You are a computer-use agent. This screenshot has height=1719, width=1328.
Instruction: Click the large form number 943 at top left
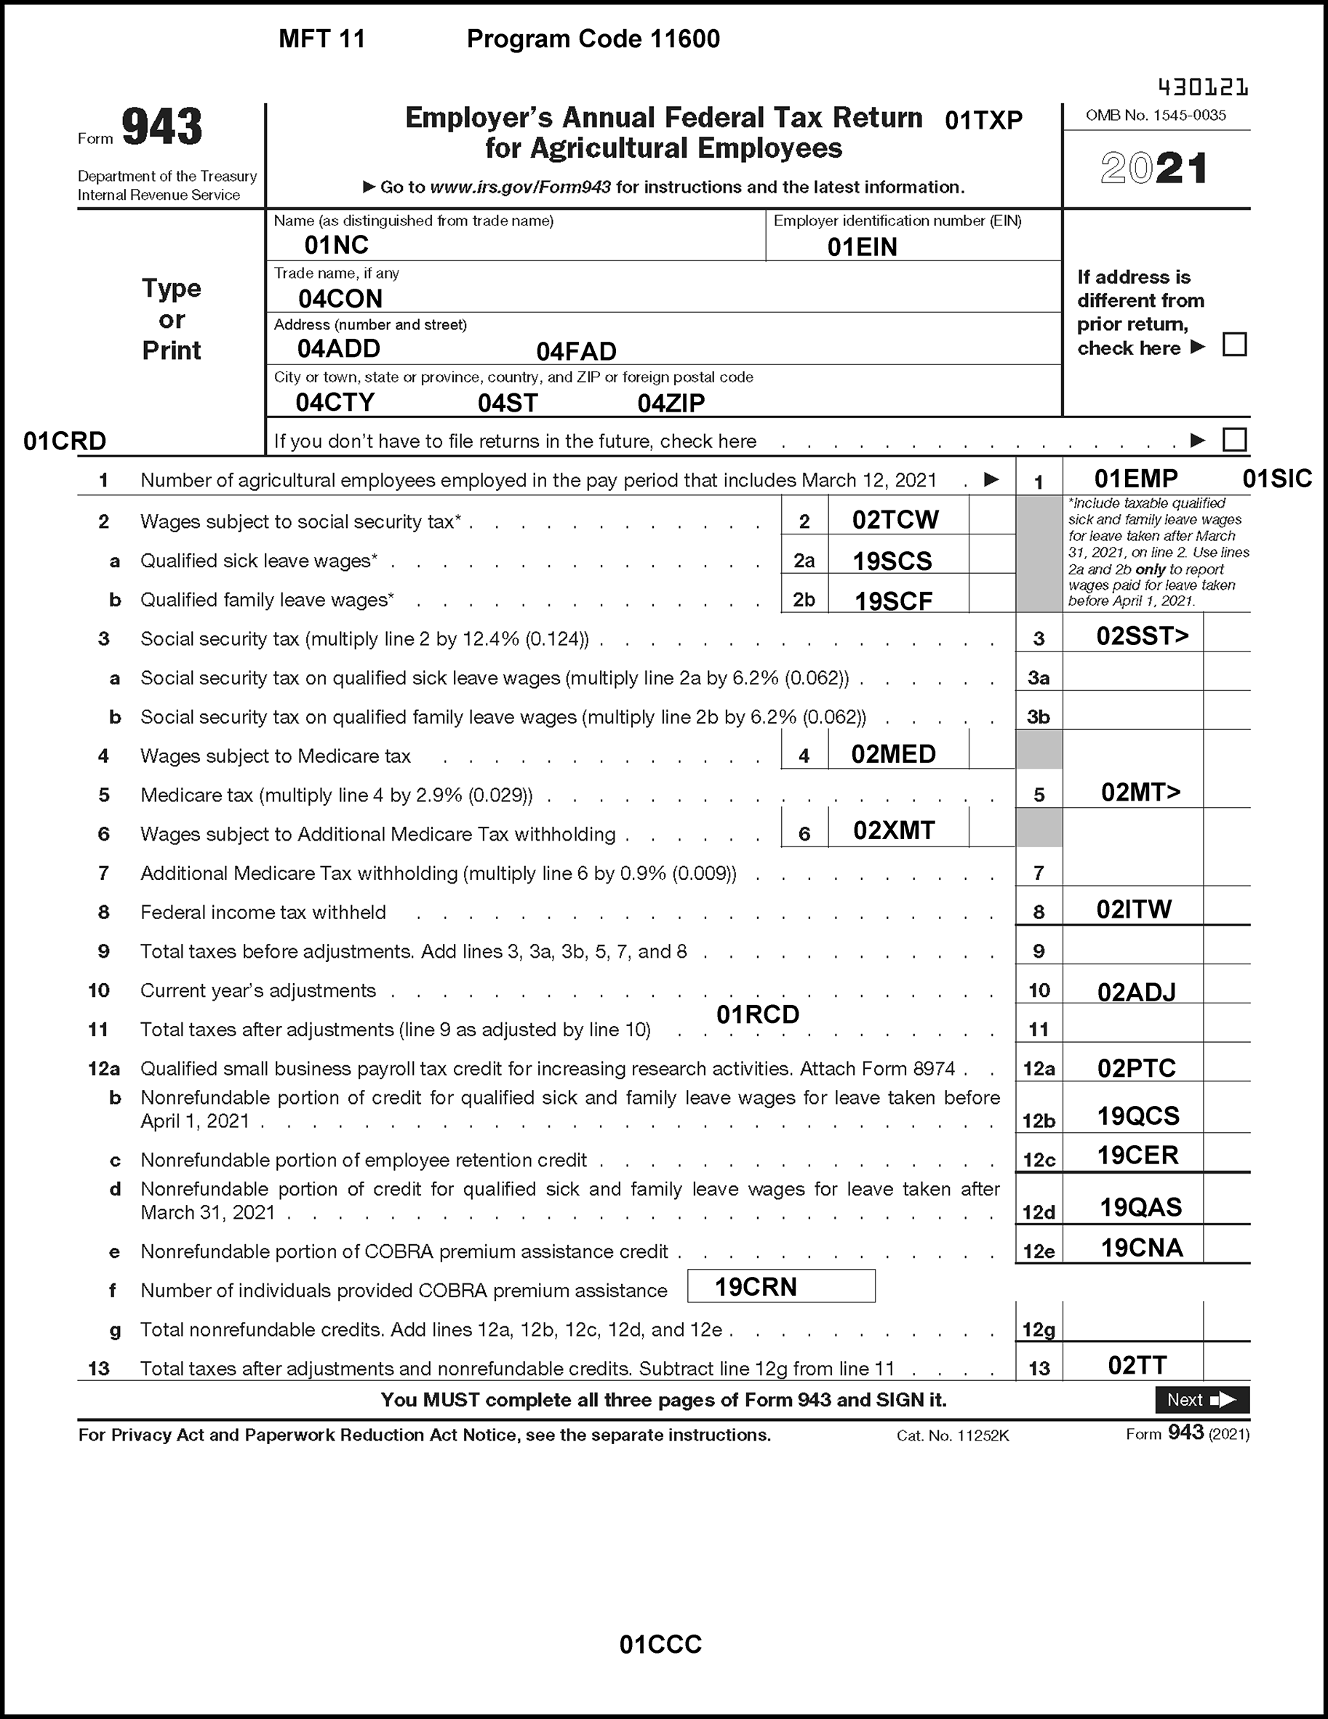pyautogui.click(x=162, y=127)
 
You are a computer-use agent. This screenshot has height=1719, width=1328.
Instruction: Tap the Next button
pyautogui.click(x=1201, y=1400)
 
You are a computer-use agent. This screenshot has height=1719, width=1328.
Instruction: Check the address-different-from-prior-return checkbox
pyautogui.click(x=1234, y=345)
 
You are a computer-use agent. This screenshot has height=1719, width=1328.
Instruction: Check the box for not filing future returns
pyautogui.click(x=1234, y=439)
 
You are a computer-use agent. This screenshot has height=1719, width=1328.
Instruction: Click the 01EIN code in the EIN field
pyautogui.click(x=862, y=247)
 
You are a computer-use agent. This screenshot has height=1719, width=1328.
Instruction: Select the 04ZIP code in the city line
pyautogui.click(x=671, y=403)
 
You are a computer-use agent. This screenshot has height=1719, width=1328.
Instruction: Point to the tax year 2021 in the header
pyautogui.click(x=1154, y=169)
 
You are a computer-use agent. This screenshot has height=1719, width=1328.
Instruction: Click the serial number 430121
pyautogui.click(x=1203, y=87)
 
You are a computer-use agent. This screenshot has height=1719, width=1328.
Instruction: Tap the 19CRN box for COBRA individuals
pyautogui.click(x=780, y=1286)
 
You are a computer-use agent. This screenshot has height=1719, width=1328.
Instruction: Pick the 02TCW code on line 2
pyautogui.click(x=895, y=519)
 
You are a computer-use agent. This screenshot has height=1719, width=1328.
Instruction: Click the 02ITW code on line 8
pyautogui.click(x=1134, y=910)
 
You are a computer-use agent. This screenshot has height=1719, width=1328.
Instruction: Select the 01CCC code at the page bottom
pyautogui.click(x=660, y=1644)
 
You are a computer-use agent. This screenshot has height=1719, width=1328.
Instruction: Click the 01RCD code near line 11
pyautogui.click(x=757, y=1014)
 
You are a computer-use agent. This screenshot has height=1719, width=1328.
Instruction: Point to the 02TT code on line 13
pyautogui.click(x=1137, y=1365)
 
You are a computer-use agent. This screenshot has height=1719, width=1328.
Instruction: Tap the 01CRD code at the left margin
pyautogui.click(x=65, y=441)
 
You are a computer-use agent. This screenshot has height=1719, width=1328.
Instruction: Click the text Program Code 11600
pyautogui.click(x=593, y=39)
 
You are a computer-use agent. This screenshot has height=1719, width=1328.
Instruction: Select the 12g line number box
pyautogui.click(x=1039, y=1329)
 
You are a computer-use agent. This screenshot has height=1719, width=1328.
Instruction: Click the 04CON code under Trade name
pyautogui.click(x=340, y=299)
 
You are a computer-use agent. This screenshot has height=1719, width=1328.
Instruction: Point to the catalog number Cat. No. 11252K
pyautogui.click(x=953, y=1435)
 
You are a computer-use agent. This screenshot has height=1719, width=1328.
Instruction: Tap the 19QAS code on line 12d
pyautogui.click(x=1140, y=1206)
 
